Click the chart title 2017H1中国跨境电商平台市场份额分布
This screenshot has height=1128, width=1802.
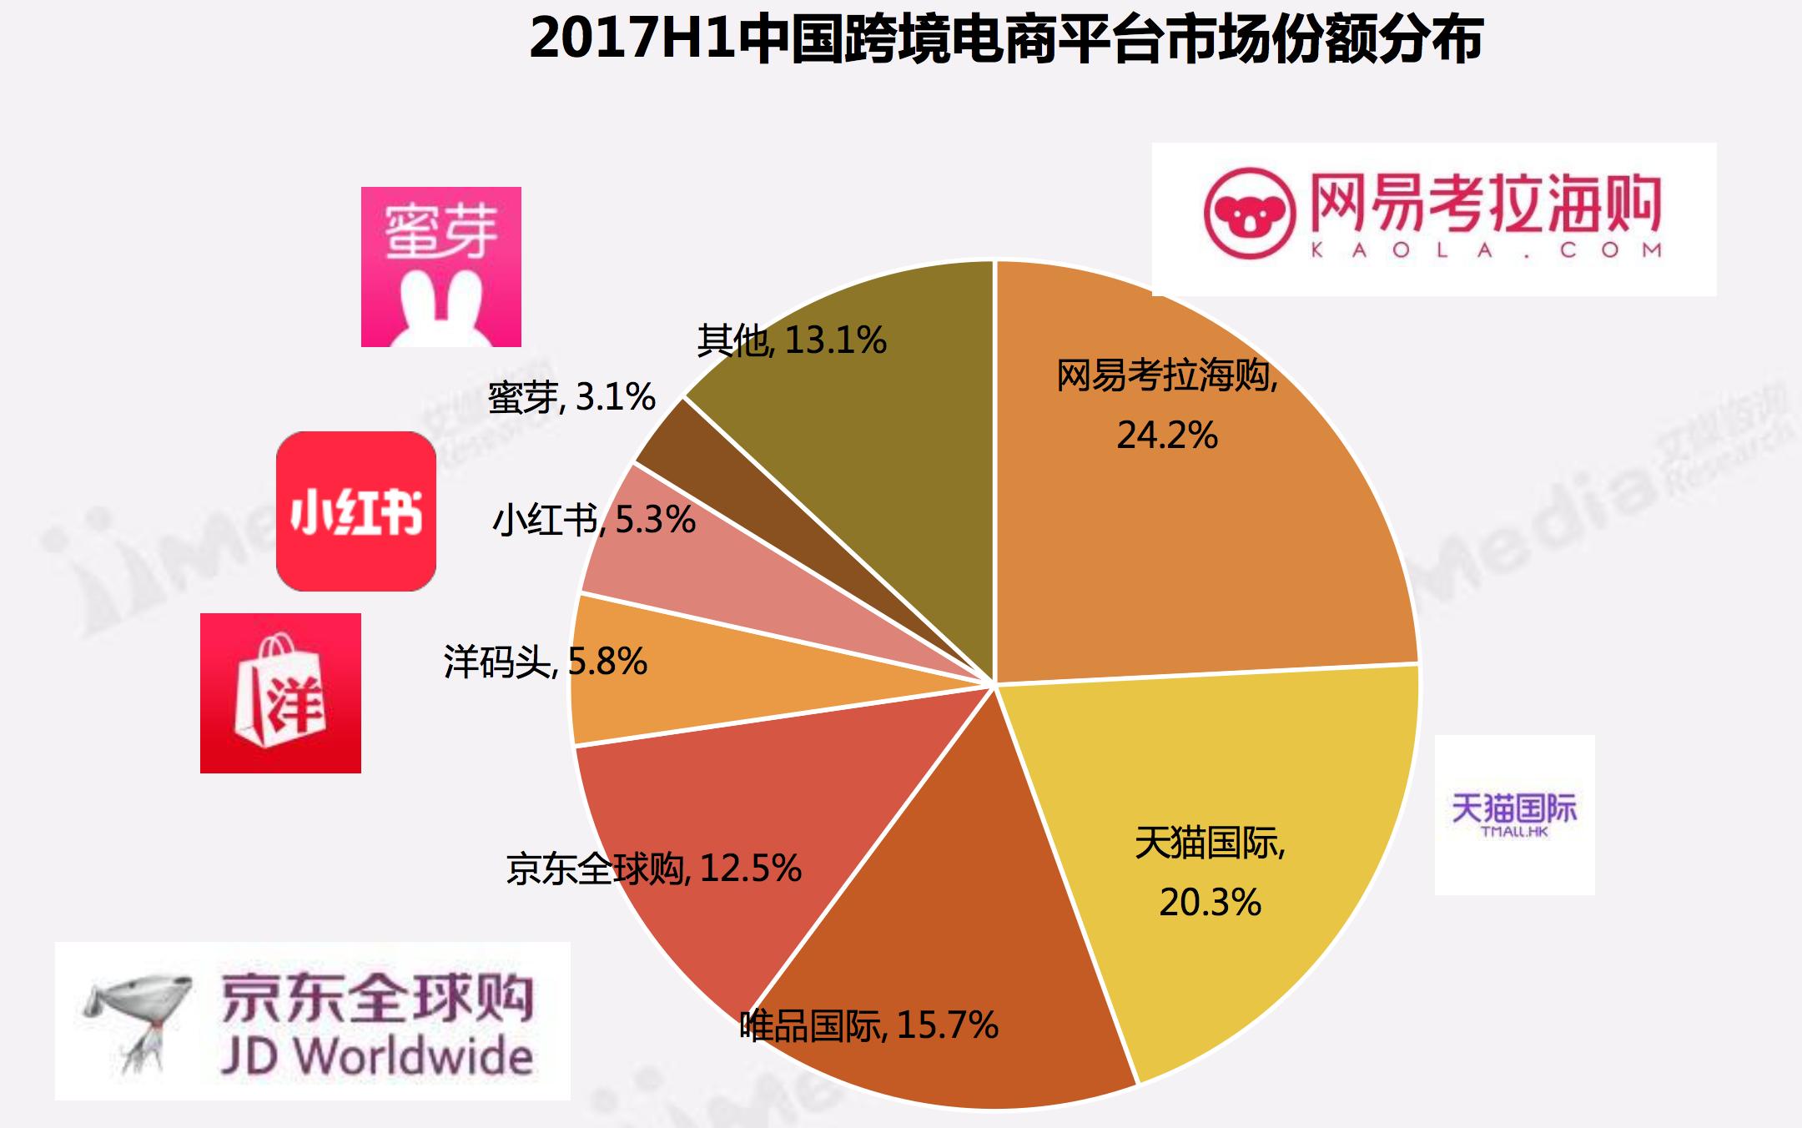click(1005, 39)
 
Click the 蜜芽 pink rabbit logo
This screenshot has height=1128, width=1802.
click(440, 267)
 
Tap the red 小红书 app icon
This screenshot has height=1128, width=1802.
click(356, 511)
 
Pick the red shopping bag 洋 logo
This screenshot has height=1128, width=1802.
click(280, 693)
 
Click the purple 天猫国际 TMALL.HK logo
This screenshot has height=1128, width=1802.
click(1514, 814)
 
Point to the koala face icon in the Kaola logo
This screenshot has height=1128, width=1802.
click(1249, 214)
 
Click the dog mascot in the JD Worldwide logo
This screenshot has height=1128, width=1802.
click(138, 1022)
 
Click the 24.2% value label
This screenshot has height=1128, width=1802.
click(1167, 435)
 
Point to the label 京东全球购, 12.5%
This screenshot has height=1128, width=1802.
click(653, 869)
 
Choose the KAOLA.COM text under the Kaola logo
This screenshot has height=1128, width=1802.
click(1486, 249)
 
